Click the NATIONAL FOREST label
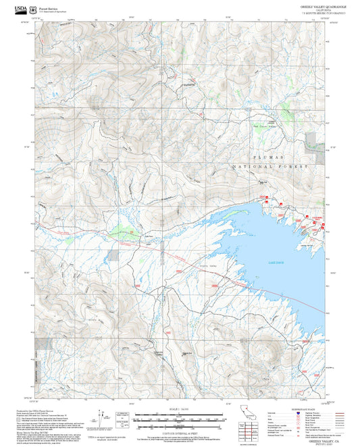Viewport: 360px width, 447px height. [270, 166]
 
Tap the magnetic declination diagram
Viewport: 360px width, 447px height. [104, 414]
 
